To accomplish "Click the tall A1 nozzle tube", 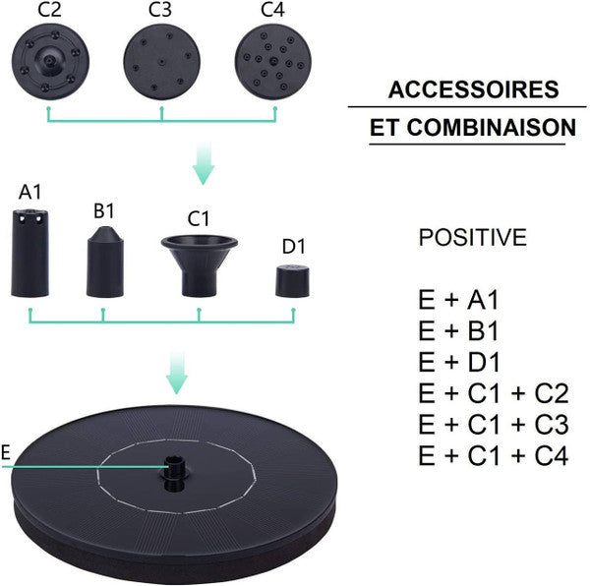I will tap(30, 253).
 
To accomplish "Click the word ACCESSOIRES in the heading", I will tap(474, 90).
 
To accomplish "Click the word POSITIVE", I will tap(472, 238).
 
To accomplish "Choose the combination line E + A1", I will tap(464, 300).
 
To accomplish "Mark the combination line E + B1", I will tap(464, 331).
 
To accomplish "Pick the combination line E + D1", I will tap(464, 363).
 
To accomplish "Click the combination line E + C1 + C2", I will tap(494, 394).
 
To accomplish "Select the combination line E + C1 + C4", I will tap(494, 456).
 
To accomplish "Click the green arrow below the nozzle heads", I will tap(203, 162).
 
